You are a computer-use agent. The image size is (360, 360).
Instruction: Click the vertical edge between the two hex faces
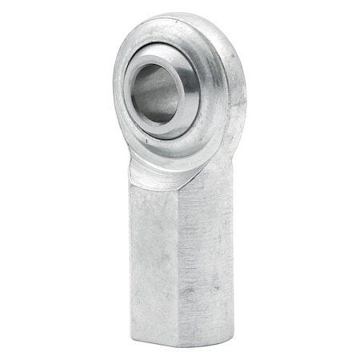click(x=178, y=256)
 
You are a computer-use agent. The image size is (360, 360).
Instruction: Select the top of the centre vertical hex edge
click(x=178, y=192)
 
